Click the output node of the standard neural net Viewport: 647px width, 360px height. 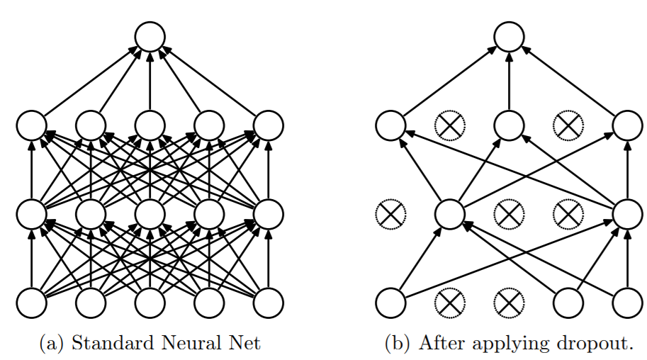[150, 36]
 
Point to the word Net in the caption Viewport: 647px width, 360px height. [244, 344]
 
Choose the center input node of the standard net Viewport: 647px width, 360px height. [150, 303]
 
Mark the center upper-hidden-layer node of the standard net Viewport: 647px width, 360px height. [150, 126]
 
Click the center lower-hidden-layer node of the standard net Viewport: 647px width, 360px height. [150, 213]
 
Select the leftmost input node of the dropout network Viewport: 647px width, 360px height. [390, 303]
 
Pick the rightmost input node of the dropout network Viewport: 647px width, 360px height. [627, 303]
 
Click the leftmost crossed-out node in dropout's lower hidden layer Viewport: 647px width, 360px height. [390, 213]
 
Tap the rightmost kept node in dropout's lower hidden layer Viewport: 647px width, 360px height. [627, 213]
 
